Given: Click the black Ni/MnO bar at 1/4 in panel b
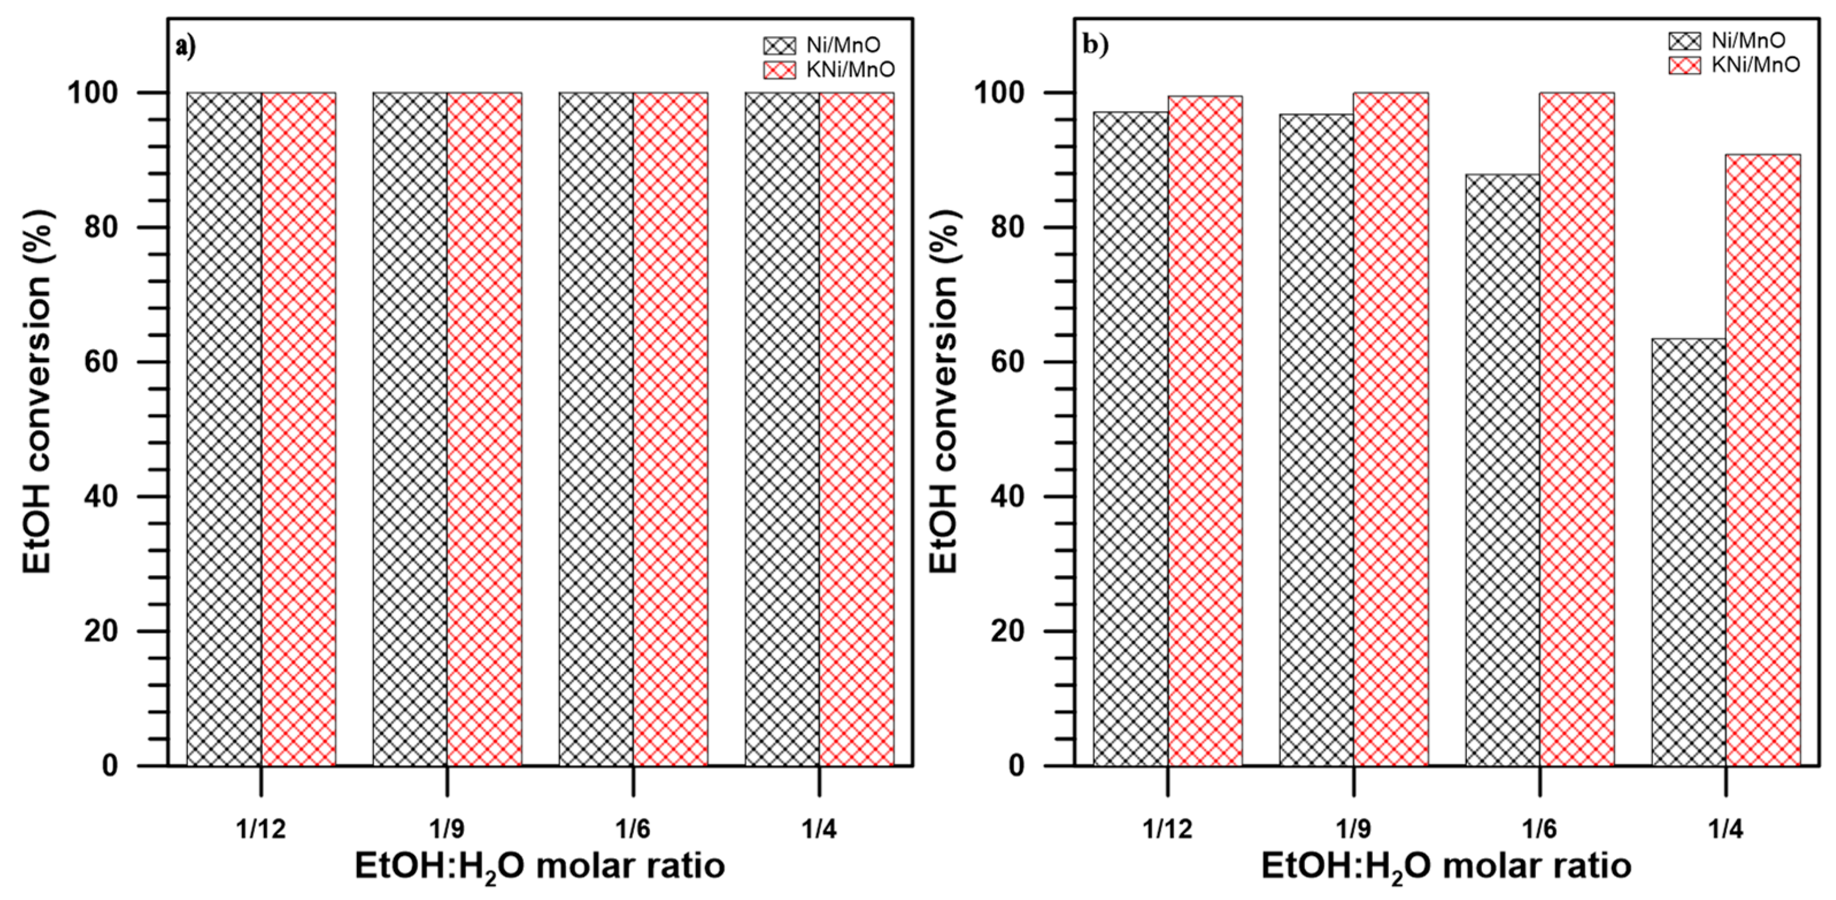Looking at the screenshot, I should pos(1688,553).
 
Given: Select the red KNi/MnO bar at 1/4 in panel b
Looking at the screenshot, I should pos(1762,460).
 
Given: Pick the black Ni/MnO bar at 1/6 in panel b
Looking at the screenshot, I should pos(1502,471).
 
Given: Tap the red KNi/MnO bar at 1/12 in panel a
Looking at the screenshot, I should pos(299,428).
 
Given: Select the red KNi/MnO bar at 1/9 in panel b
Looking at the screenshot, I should pos(1391,428).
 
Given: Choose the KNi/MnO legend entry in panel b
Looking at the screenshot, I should pos(1735,65).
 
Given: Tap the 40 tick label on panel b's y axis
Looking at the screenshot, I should pos(1007,497).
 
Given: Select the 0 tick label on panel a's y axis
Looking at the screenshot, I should pos(109,766).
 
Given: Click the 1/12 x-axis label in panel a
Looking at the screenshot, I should pos(261,829).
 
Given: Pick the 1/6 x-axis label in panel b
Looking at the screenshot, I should pos(1540,829).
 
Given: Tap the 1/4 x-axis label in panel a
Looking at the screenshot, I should pos(819,829).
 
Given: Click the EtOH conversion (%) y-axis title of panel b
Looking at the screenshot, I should pos(944,391).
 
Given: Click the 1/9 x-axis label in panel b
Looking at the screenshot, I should pos(1353,829).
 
